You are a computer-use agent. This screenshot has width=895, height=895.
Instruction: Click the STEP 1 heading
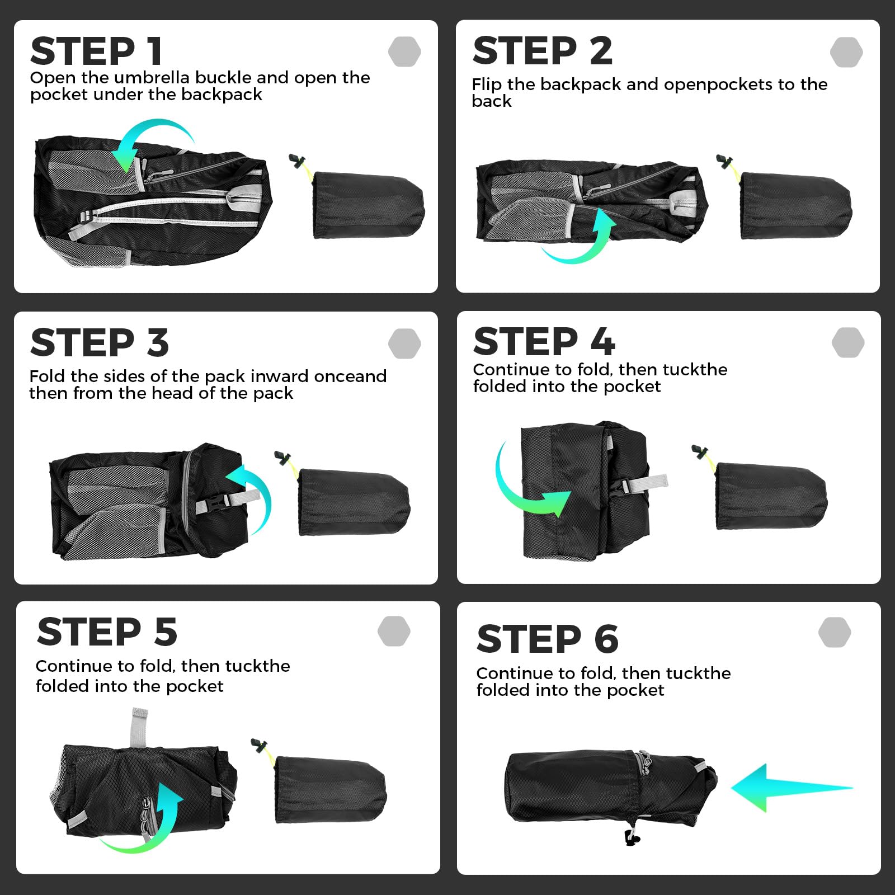[x=96, y=51]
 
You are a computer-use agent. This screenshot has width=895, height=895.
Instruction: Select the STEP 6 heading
[x=548, y=638]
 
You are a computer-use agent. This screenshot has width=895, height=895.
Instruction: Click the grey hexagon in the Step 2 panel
[x=846, y=52]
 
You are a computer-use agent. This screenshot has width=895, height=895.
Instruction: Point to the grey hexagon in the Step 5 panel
[x=394, y=631]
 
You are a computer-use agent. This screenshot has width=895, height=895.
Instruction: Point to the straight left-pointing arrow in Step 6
[x=792, y=788]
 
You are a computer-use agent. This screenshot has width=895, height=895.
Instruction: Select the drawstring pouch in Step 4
[x=771, y=495]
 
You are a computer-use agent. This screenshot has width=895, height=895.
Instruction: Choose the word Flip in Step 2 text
[x=487, y=84]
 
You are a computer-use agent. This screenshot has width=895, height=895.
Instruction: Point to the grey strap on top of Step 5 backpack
[x=139, y=727]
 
